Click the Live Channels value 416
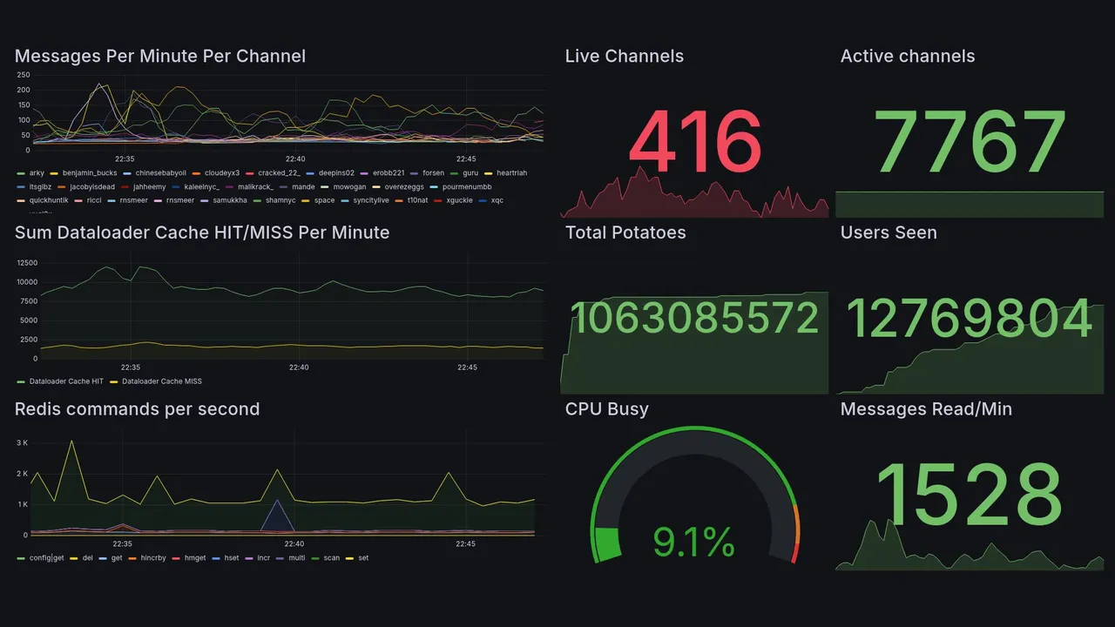(x=694, y=142)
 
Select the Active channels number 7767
(x=970, y=142)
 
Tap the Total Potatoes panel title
(x=625, y=233)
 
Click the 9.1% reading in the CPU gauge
(x=694, y=543)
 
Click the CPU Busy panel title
(x=606, y=409)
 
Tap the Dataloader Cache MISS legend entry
(x=161, y=381)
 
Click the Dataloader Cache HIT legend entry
(x=65, y=381)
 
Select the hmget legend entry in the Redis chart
(x=194, y=558)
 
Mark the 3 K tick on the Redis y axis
(x=23, y=443)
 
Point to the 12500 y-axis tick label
(x=26, y=263)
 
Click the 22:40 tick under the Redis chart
(x=294, y=544)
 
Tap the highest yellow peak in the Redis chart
(x=71, y=441)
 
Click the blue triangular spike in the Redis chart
(x=277, y=514)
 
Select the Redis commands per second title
(x=137, y=409)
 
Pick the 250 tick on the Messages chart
(x=24, y=76)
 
